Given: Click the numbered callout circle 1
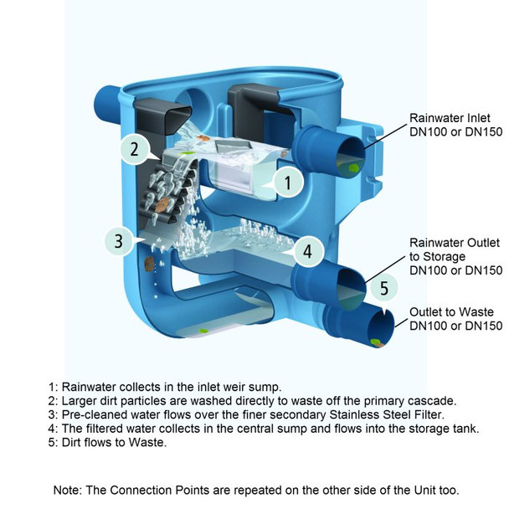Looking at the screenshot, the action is [x=287, y=181].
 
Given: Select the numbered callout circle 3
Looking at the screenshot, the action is [x=119, y=241].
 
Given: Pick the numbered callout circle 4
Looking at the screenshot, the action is [x=307, y=249].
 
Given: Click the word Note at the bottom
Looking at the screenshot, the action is [x=69, y=489].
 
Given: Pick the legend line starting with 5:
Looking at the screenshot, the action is [x=108, y=443].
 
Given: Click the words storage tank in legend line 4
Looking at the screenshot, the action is [x=443, y=429].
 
